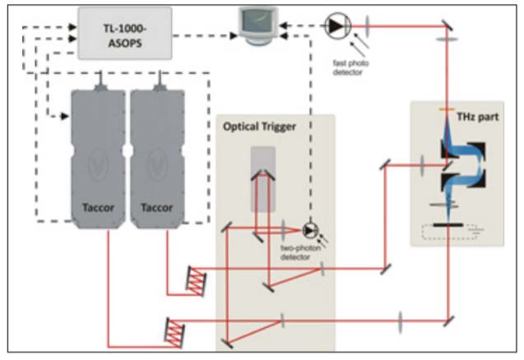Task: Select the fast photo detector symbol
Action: click(x=336, y=26)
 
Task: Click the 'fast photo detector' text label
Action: click(x=348, y=67)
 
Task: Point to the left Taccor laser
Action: click(x=98, y=156)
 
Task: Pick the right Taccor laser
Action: click(x=156, y=156)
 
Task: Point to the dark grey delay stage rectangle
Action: click(x=264, y=177)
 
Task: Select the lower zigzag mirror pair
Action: click(x=175, y=331)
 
